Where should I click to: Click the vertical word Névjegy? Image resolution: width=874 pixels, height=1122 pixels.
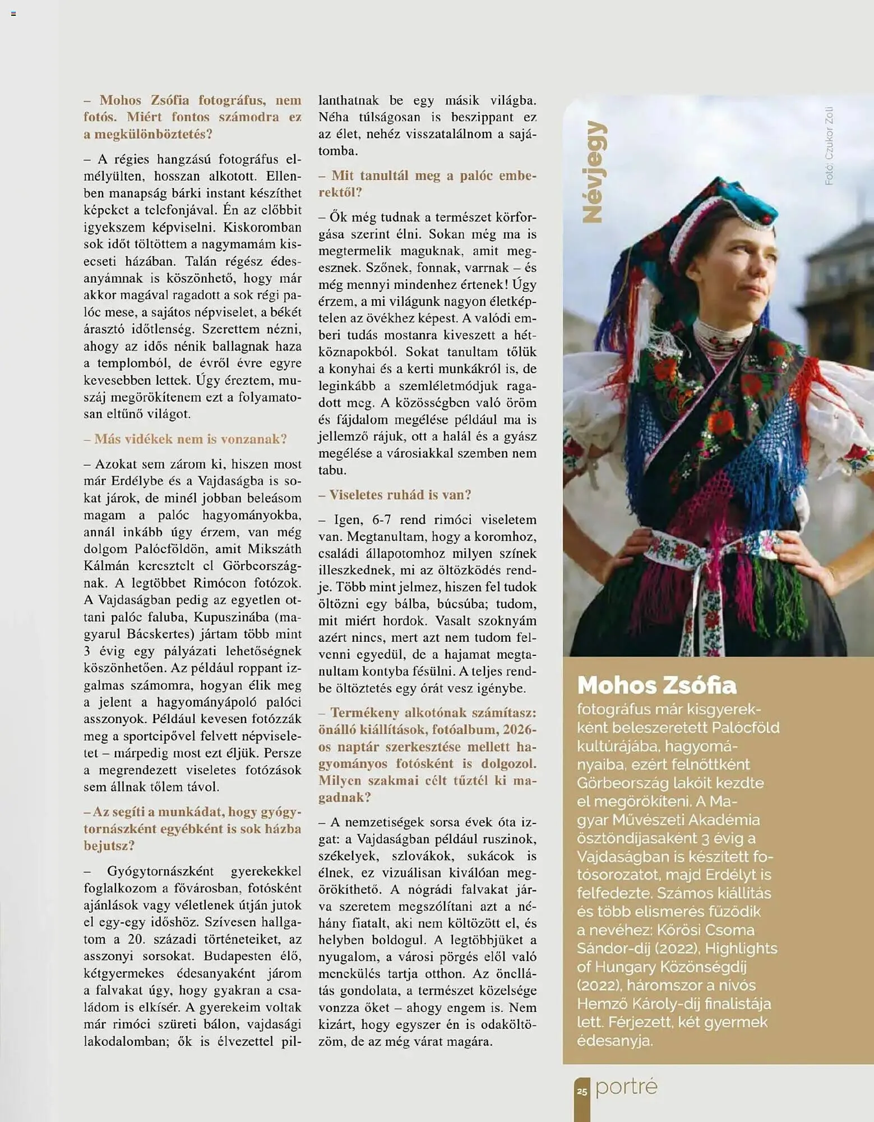coord(593,172)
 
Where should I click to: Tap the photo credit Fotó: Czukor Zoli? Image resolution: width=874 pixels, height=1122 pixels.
coord(829,146)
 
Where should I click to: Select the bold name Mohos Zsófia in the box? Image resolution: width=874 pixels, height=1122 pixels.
coord(656,685)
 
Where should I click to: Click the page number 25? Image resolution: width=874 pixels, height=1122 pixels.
coord(582,1092)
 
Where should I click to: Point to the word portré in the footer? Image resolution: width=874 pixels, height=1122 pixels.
coord(626,1087)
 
